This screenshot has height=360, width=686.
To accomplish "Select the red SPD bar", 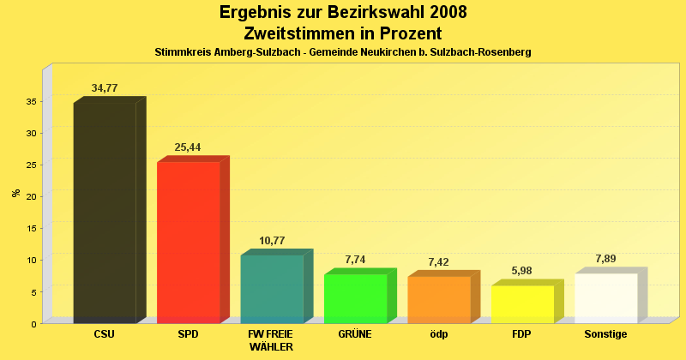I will [x=188, y=243].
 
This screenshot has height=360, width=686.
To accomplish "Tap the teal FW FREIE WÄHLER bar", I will [x=271, y=289].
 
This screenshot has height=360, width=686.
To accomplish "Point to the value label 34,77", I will [x=105, y=88].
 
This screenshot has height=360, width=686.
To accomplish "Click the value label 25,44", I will [x=188, y=147].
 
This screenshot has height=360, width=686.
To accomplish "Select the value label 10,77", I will [x=271, y=241].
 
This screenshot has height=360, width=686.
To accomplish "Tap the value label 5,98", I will [x=521, y=271].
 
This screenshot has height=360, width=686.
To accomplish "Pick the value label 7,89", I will [x=605, y=259].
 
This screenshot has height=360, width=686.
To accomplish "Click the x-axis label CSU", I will [x=105, y=334].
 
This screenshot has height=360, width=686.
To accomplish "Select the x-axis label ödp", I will [x=438, y=334].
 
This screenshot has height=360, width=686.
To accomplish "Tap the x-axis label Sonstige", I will [x=605, y=334].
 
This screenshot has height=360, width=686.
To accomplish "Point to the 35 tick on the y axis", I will [x=30, y=101].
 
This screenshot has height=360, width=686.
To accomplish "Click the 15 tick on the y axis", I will [x=30, y=228].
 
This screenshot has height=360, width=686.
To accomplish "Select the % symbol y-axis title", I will [x=15, y=193].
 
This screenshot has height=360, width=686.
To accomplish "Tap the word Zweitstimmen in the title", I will [x=297, y=33].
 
